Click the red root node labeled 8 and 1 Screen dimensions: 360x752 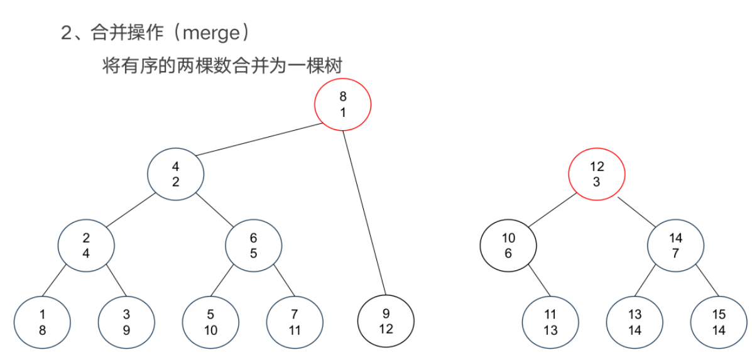[x=343, y=104]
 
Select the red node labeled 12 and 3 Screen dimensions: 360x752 [x=597, y=175]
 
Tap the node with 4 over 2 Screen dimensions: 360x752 [x=176, y=175]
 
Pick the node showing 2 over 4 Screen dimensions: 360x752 [x=86, y=246]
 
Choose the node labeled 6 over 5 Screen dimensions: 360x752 [x=254, y=246]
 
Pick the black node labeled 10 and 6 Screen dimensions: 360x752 [x=508, y=246]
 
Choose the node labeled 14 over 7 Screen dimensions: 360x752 [x=675, y=246]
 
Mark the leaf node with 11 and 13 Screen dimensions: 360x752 [x=550, y=323]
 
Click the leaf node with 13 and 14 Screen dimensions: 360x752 [x=635, y=323]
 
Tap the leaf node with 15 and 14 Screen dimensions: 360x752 [x=719, y=323]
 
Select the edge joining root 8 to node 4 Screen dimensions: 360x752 [x=260, y=139]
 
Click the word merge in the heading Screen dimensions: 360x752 [x=210, y=33]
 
